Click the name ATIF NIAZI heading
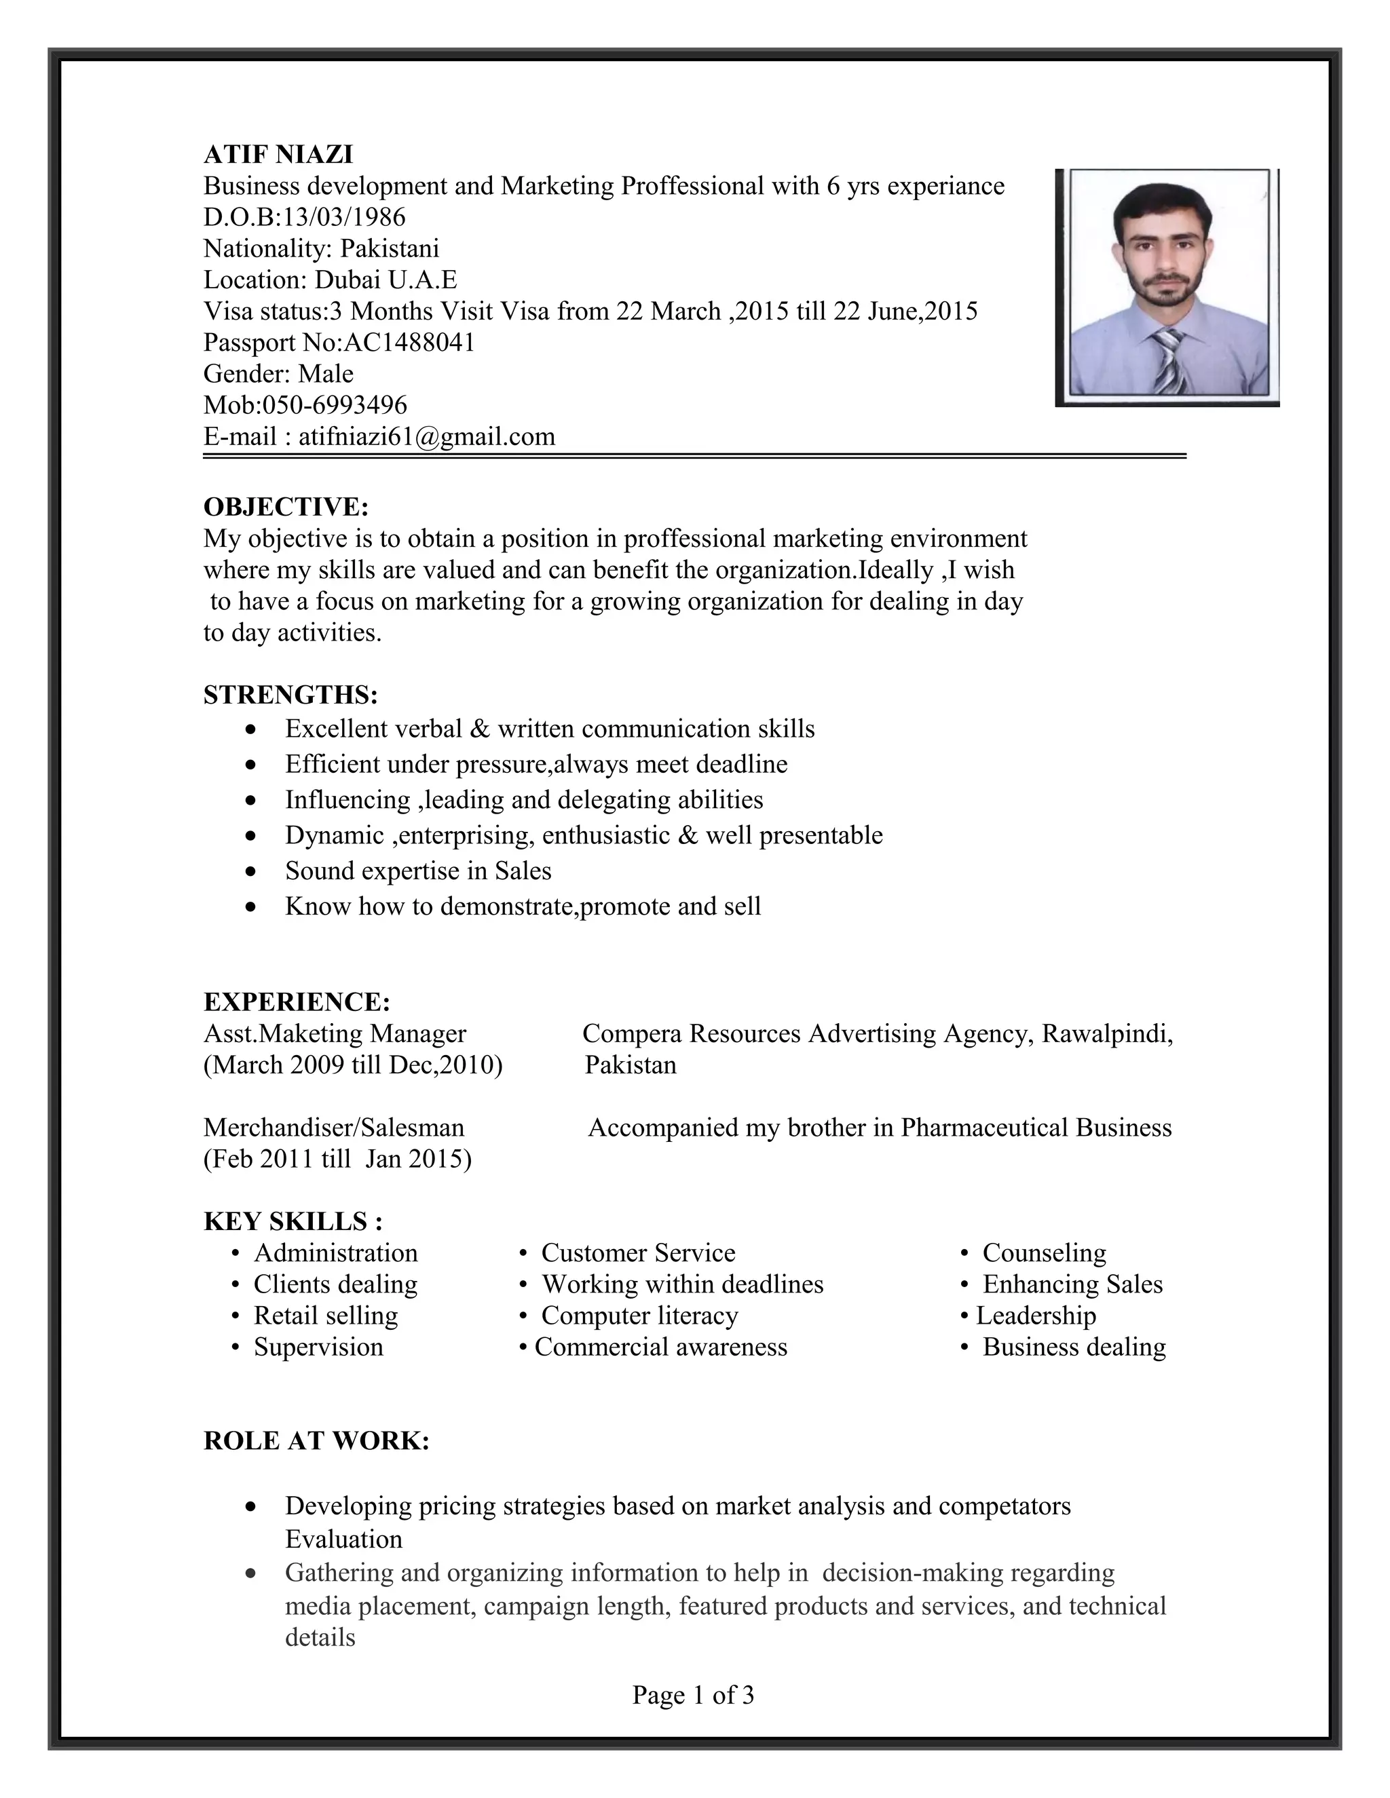click(x=278, y=154)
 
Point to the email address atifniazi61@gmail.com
click(x=426, y=436)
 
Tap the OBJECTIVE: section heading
click(x=286, y=506)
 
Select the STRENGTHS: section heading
click(x=290, y=695)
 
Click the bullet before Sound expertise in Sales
click(x=251, y=871)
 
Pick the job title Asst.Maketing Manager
click(x=335, y=1033)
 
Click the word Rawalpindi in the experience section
click(x=1107, y=1033)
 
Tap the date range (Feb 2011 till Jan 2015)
click(x=337, y=1159)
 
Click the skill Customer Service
click(x=637, y=1253)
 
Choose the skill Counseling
click(x=1043, y=1253)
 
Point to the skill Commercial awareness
click(x=660, y=1347)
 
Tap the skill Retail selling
click(x=325, y=1316)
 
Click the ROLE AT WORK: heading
click(x=316, y=1440)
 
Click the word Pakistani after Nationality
click(x=390, y=248)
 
